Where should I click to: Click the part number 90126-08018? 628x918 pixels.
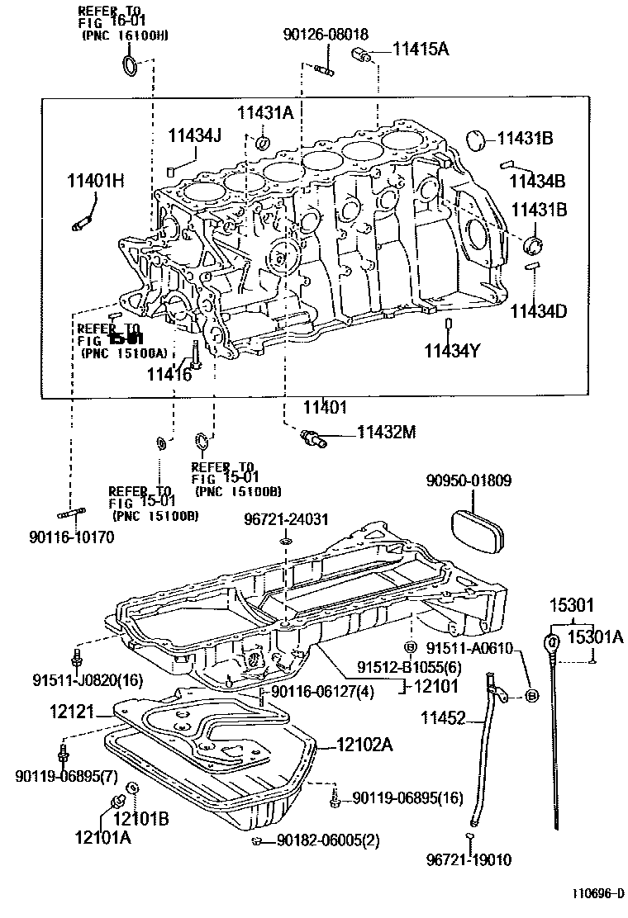325,34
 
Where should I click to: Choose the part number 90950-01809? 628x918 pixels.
469,480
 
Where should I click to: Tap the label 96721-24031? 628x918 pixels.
286,519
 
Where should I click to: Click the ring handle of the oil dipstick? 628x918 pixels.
553,641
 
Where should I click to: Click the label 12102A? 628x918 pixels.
364,745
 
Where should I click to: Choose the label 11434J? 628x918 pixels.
195,135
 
